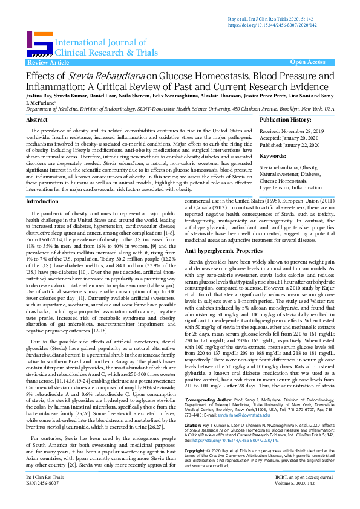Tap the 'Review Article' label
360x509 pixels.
click(x=44, y=62)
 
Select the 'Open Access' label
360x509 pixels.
click(x=307, y=62)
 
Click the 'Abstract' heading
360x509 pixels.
click(x=38, y=120)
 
